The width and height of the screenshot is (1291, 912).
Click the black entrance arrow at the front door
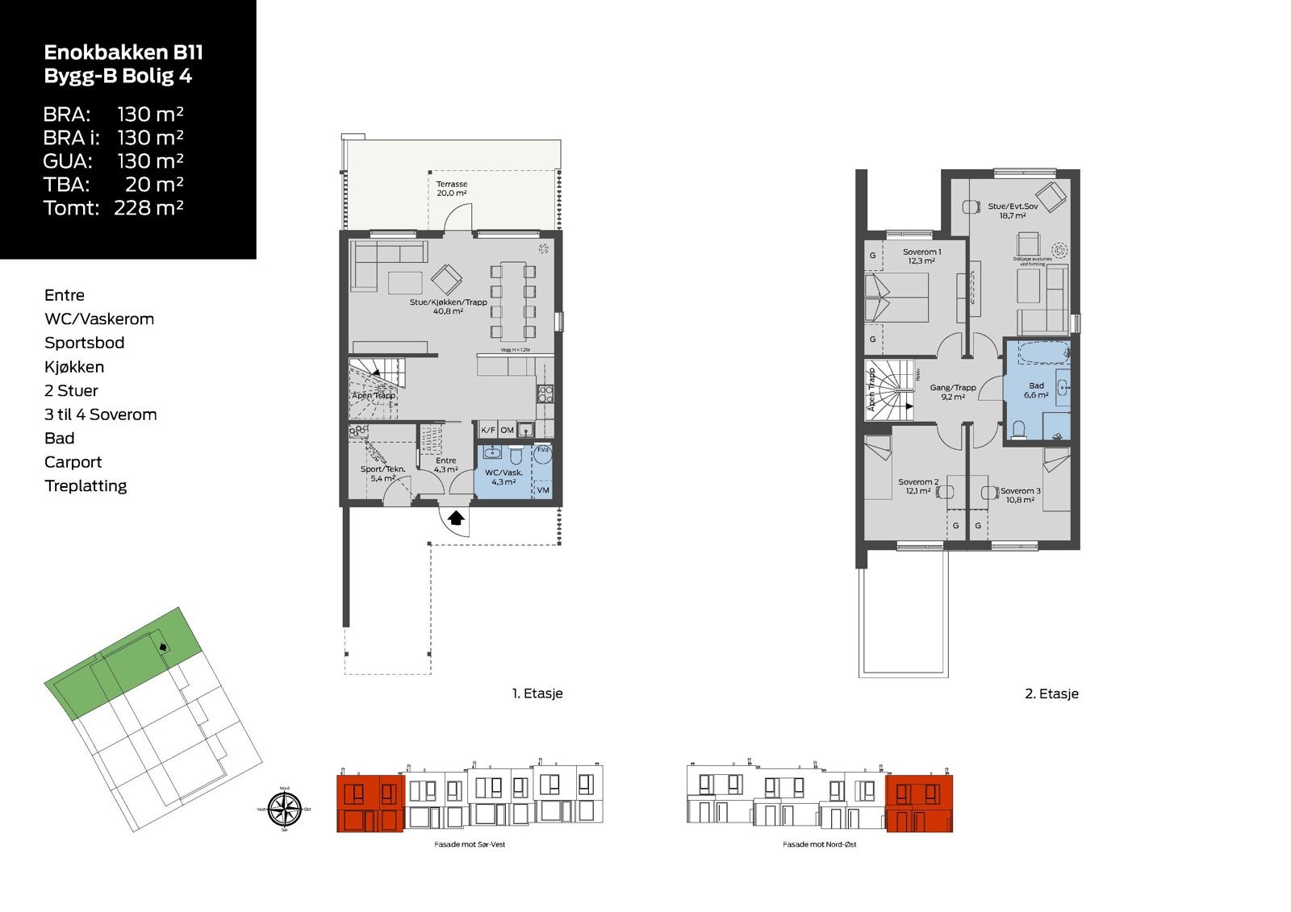point(456,518)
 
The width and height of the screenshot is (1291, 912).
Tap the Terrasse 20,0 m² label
point(452,189)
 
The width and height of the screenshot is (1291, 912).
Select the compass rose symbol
point(284,809)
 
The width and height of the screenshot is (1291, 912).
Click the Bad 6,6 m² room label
point(1036,390)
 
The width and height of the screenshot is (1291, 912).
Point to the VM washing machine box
point(543,489)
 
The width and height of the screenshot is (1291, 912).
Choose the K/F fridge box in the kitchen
point(488,431)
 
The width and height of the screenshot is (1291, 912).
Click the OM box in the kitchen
point(507,431)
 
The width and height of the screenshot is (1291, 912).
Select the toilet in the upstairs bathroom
point(1018,429)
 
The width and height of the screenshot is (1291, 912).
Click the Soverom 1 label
point(921,256)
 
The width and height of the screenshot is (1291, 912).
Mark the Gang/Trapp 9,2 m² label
point(952,392)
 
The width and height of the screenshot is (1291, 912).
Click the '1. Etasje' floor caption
point(537,693)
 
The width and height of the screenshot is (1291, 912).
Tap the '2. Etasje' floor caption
point(1051,693)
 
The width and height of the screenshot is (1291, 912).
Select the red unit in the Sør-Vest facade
point(370,803)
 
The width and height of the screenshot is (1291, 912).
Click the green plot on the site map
point(121,665)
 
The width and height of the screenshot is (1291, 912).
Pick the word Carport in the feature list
point(73,462)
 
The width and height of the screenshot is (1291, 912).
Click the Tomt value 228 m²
point(148,208)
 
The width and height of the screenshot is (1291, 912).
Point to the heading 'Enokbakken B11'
point(123,53)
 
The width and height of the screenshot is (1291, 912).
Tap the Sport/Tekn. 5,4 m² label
point(382,473)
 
